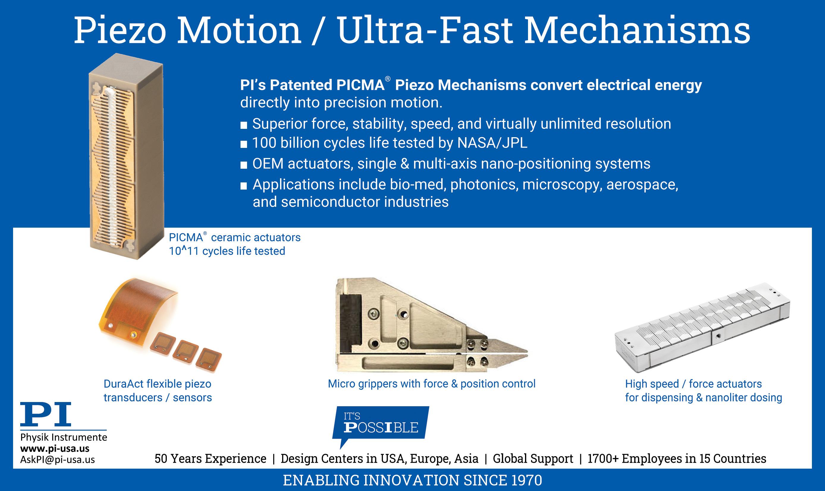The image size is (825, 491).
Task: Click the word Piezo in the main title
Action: [x=120, y=30]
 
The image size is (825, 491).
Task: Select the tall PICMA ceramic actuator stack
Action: [x=126, y=156]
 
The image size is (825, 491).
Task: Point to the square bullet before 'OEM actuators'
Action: [x=243, y=165]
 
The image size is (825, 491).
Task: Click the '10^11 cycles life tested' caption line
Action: [x=227, y=251]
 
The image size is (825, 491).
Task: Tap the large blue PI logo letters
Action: [x=45, y=414]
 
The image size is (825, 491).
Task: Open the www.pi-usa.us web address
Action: [x=54, y=449]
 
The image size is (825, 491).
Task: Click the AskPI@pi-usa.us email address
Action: [x=57, y=459]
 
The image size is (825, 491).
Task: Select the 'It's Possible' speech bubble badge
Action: [x=381, y=423]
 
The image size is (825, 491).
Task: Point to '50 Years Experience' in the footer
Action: [x=210, y=459]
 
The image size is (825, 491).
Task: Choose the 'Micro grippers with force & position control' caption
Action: [x=431, y=384]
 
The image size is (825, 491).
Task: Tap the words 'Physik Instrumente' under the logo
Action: [x=63, y=437]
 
